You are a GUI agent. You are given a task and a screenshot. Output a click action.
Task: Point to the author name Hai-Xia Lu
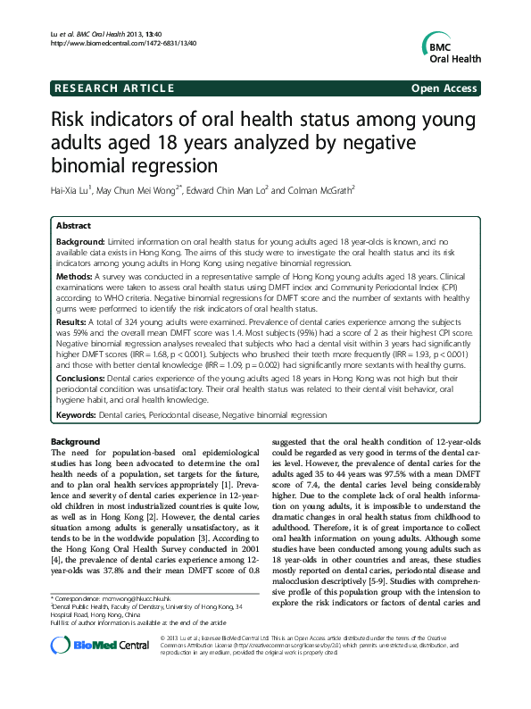[x=78, y=189]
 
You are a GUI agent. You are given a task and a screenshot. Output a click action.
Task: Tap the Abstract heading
[x=73, y=227]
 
